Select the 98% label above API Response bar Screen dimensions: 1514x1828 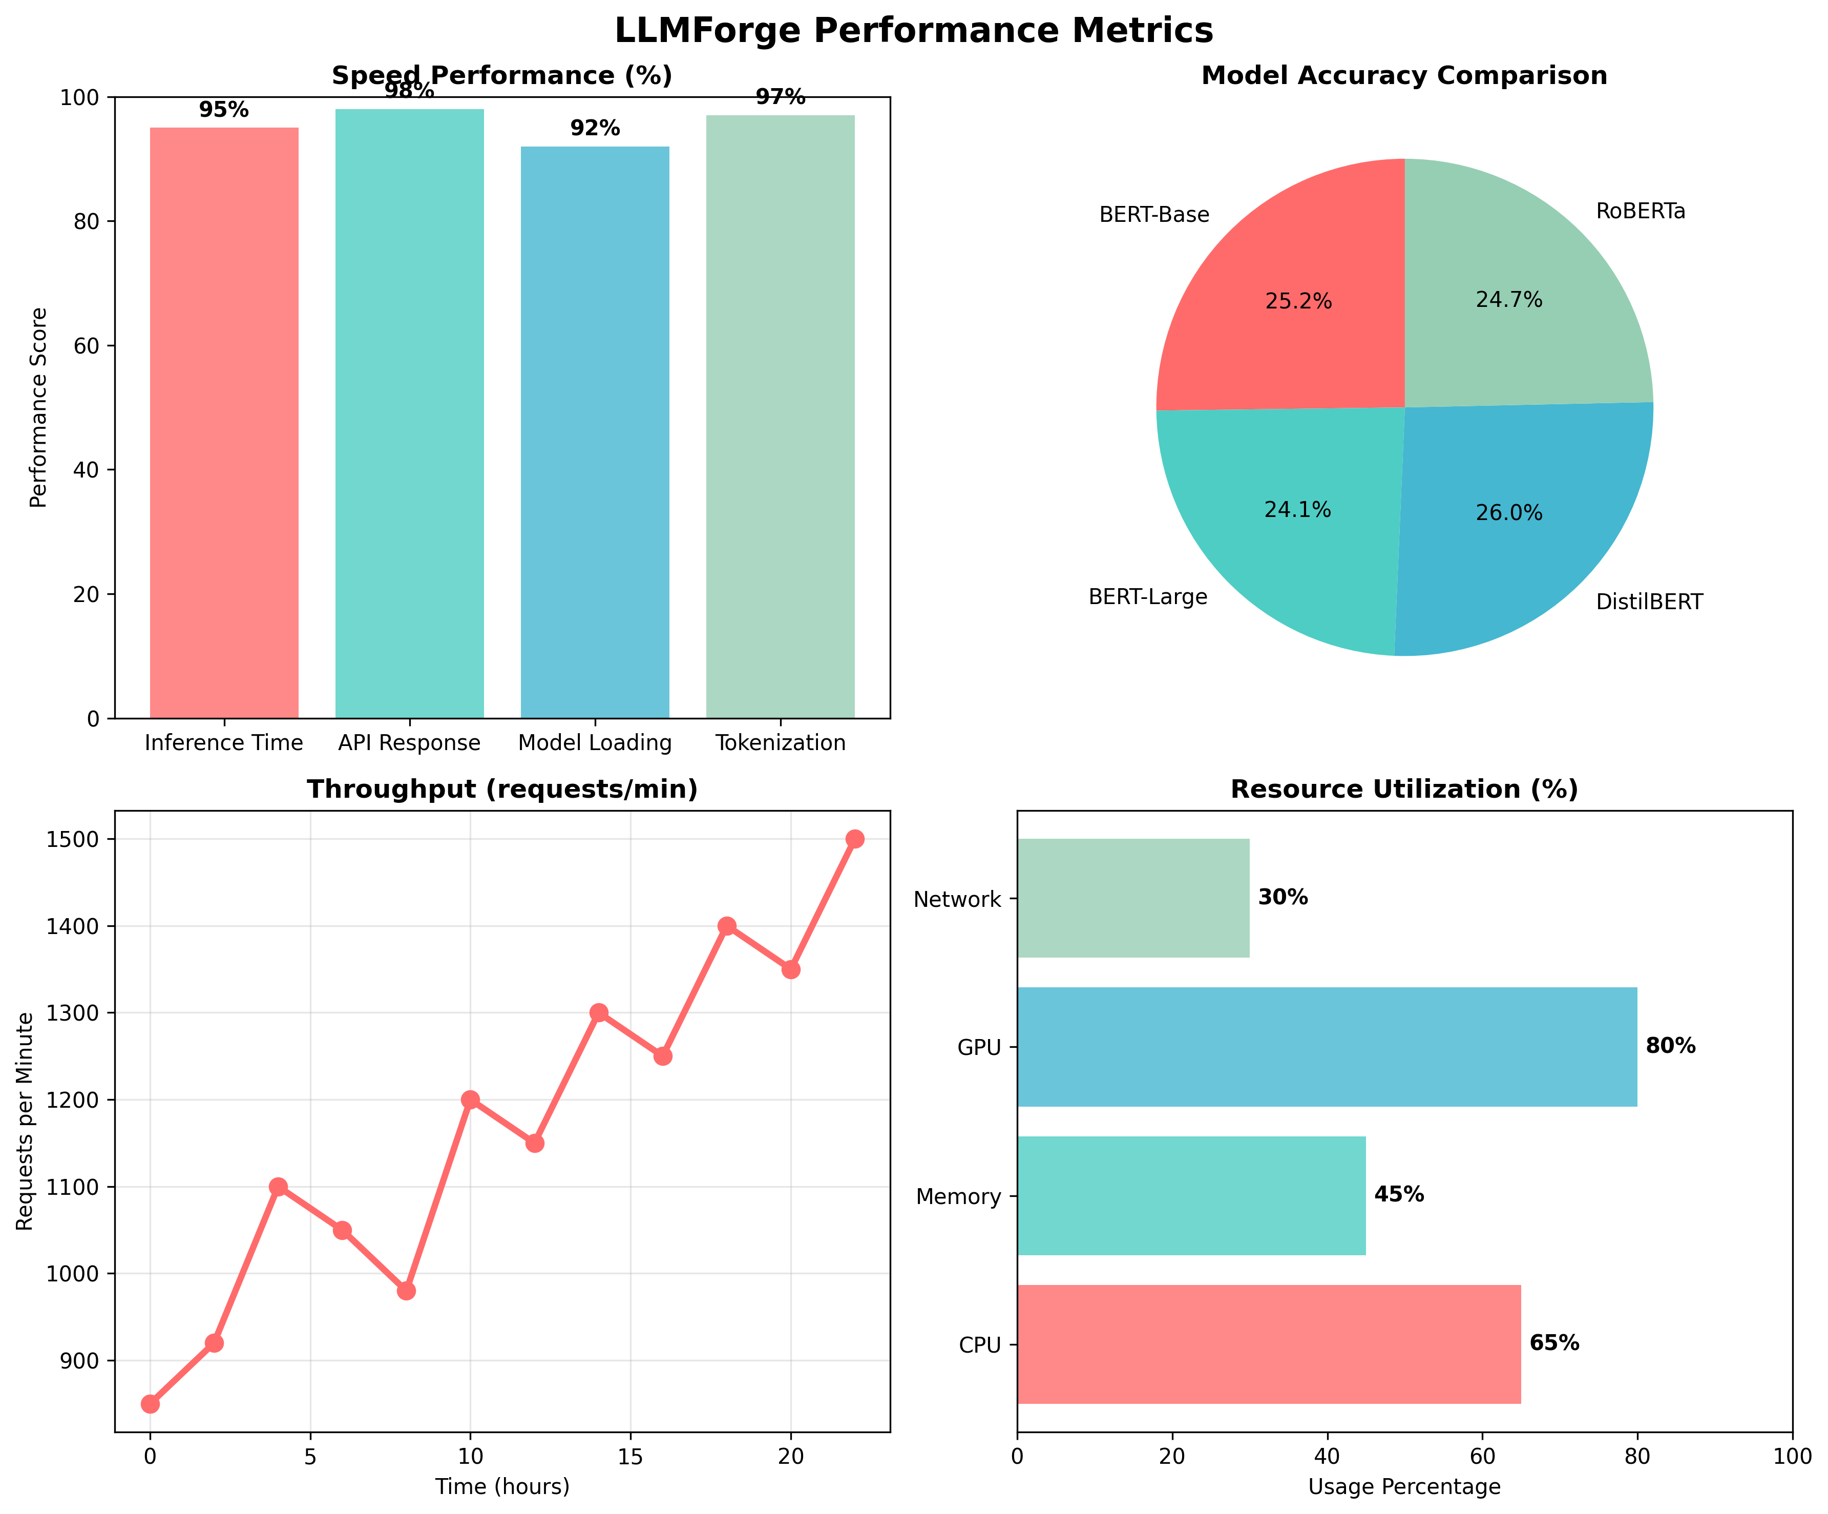pos(409,91)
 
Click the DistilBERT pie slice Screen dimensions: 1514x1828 pos(1515,523)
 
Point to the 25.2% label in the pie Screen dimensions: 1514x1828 pos(1298,301)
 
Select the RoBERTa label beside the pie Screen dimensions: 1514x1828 pos(1640,212)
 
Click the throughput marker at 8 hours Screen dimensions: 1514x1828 pos(407,1290)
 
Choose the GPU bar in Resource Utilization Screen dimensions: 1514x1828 pos(1327,1047)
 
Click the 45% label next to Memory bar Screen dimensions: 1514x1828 pos(1399,1194)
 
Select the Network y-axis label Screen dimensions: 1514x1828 pos(957,899)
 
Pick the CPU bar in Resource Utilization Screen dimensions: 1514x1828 pos(1268,1344)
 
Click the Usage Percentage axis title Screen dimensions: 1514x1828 pos(1404,1487)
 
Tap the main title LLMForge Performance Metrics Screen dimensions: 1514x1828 pos(913,30)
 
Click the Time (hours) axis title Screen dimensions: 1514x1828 pos(502,1487)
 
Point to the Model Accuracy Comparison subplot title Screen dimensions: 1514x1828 pos(1404,76)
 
